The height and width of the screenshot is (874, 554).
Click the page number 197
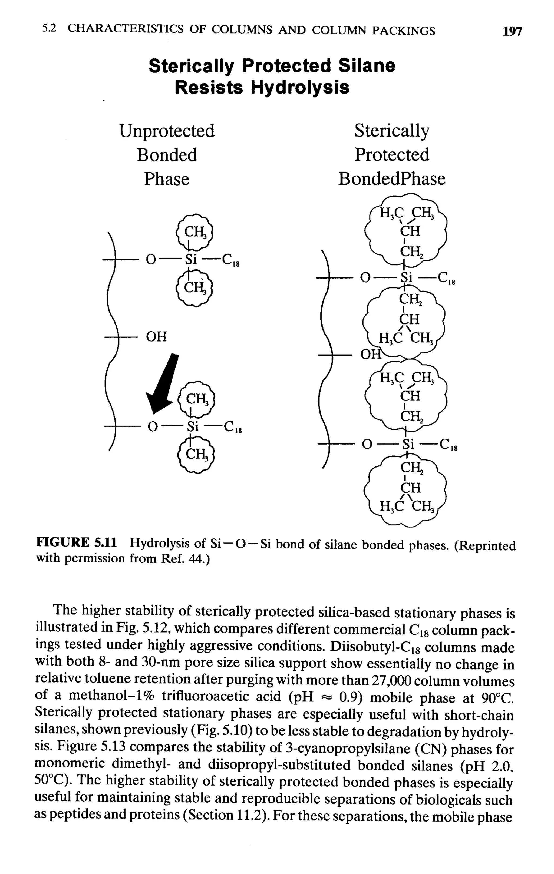coord(512,31)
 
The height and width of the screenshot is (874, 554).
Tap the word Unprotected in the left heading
coord(167,131)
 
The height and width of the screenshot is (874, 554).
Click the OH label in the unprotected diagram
coord(156,337)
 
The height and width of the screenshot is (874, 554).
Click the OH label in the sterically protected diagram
coord(369,354)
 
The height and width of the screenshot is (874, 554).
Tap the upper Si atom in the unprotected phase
coord(191,260)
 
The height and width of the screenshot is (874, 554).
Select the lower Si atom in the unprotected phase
coord(193,426)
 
